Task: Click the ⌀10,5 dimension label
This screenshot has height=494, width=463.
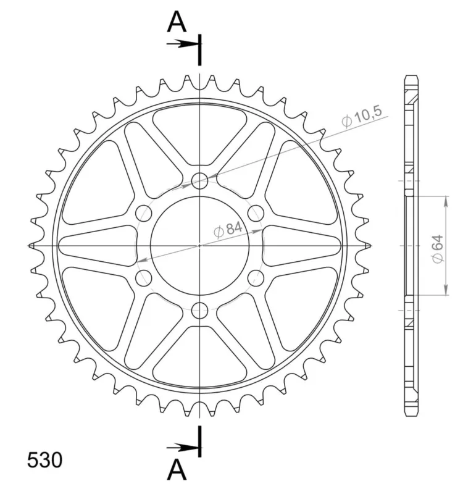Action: [x=362, y=117]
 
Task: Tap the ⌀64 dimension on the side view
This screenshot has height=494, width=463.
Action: [x=438, y=249]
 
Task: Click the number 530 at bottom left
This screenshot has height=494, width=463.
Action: [x=44, y=460]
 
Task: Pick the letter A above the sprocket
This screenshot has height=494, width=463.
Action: [x=177, y=22]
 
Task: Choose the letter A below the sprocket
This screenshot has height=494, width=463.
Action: [x=177, y=469]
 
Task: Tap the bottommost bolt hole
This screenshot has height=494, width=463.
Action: [x=199, y=311]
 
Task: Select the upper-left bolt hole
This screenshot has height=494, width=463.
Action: [x=144, y=213]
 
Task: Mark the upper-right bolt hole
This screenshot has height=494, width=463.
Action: [x=256, y=213]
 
